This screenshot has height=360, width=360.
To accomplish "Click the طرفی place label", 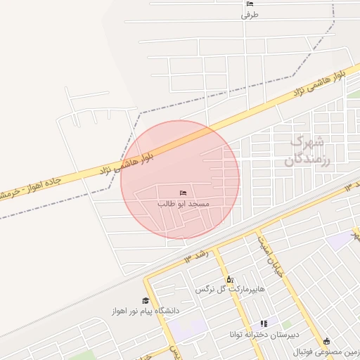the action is (250, 15).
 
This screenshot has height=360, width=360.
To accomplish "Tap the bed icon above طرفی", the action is (250, 4).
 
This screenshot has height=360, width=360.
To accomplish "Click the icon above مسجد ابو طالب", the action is (184, 193).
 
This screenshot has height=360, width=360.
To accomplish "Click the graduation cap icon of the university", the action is (146, 300).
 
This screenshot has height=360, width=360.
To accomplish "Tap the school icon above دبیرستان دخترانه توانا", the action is (264, 323).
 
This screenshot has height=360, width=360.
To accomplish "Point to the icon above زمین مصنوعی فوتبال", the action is (326, 341).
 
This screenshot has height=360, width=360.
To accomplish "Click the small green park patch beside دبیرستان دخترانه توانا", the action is (287, 326).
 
